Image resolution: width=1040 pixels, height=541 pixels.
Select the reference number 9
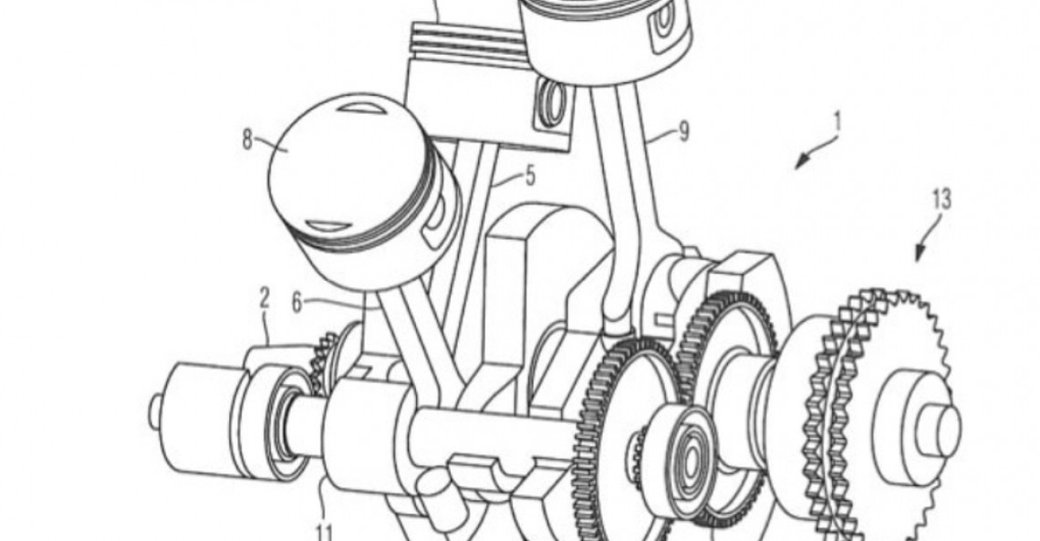[683, 132]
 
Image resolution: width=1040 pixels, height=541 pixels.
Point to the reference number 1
[837, 120]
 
